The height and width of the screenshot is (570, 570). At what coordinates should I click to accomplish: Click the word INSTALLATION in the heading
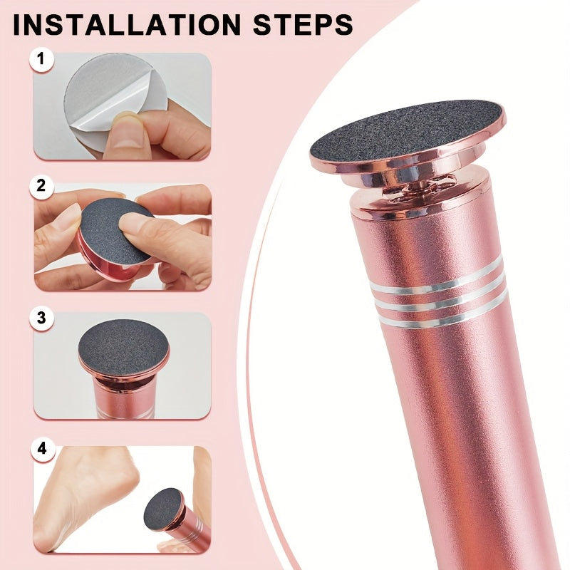[x=127, y=25]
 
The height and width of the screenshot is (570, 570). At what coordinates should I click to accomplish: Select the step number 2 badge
[x=41, y=187]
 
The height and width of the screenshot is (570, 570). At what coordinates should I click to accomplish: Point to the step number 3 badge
[x=41, y=318]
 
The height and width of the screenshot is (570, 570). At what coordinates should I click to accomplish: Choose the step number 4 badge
[x=41, y=449]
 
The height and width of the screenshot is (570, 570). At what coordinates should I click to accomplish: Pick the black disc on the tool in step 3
[x=123, y=347]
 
